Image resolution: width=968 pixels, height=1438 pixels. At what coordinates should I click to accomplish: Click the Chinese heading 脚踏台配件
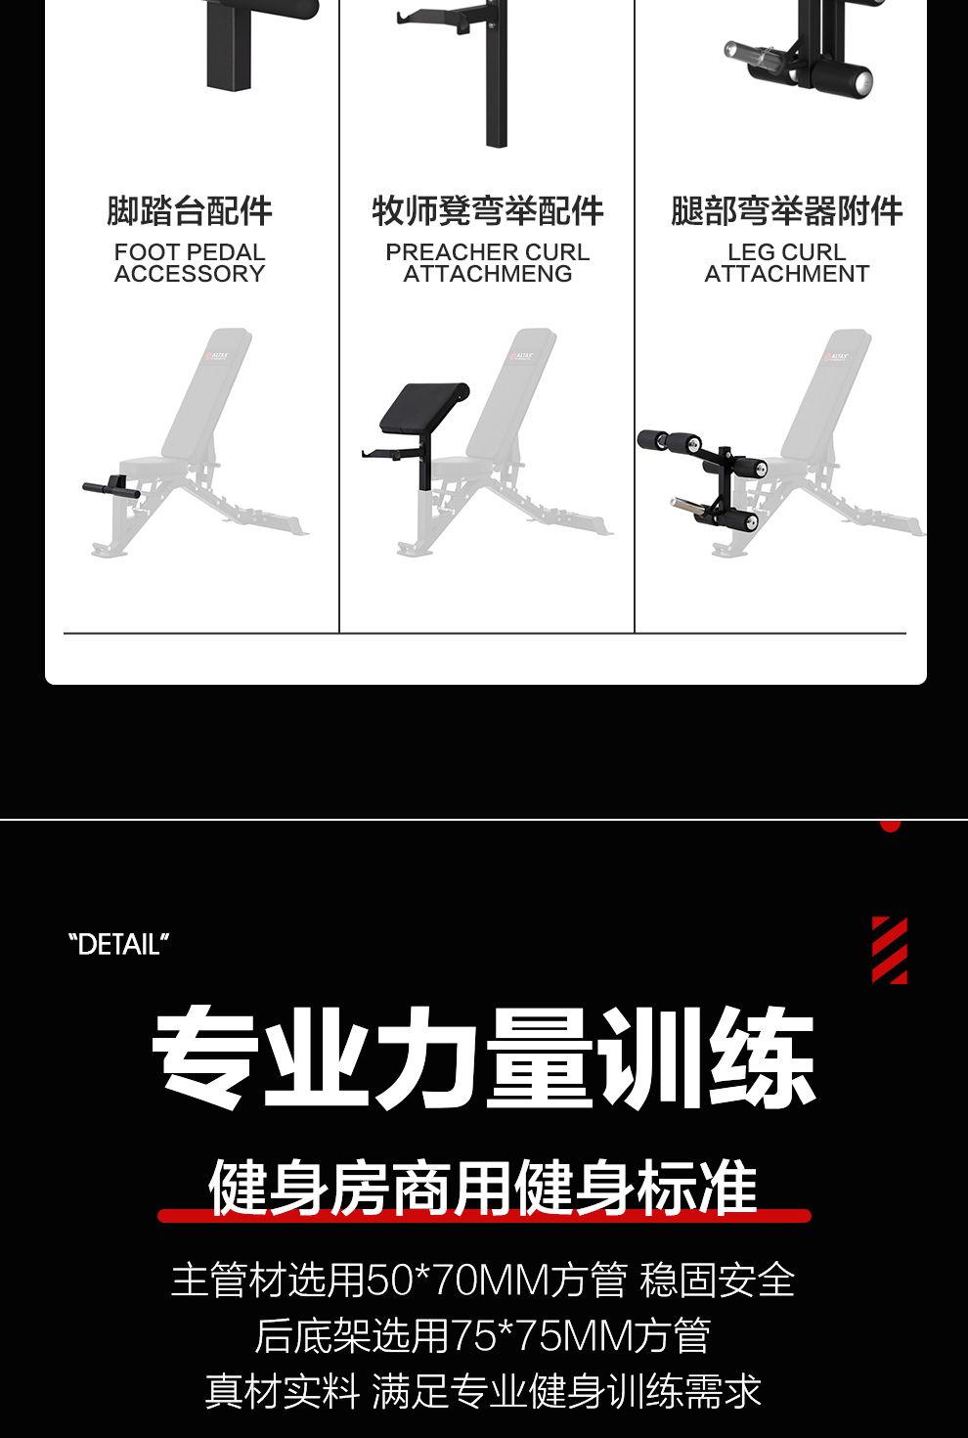[x=190, y=211]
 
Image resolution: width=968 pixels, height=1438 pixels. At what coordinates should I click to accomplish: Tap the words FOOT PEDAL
[x=190, y=252]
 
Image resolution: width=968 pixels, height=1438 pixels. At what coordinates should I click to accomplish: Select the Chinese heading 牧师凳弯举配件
[x=488, y=211]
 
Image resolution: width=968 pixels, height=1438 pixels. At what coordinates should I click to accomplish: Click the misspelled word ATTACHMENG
[x=488, y=274]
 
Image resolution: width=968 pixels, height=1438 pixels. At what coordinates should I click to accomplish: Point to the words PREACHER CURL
[x=488, y=252]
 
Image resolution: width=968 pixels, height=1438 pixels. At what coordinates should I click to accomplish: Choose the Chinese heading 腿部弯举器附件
[x=786, y=211]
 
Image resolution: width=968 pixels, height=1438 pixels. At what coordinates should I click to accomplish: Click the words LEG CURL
[x=786, y=252]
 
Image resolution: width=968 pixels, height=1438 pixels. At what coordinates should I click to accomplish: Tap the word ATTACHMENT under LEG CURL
[x=786, y=274]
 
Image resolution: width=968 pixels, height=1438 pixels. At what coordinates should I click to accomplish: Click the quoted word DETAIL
[x=118, y=945]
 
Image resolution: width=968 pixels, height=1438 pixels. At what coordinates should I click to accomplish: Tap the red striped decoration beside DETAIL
[x=889, y=950]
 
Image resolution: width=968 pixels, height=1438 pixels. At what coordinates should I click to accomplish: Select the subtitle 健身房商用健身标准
[x=483, y=1187]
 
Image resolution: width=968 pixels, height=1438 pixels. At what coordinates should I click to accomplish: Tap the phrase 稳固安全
[x=717, y=1280]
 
